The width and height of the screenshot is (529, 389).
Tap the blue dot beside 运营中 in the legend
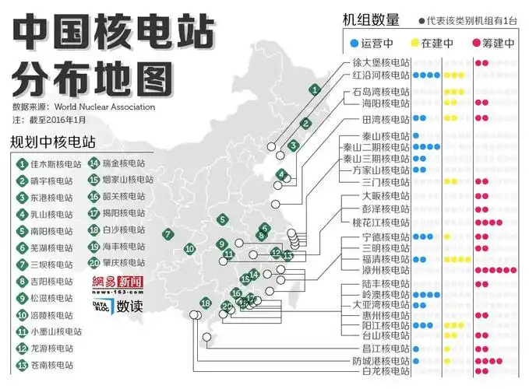point(354,44)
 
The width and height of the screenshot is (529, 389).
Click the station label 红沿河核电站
point(380,75)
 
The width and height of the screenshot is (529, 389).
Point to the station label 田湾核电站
point(380,119)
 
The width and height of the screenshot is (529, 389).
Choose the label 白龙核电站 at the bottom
point(380,371)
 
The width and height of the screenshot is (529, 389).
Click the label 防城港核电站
point(380,361)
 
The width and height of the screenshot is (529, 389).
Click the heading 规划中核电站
point(53,143)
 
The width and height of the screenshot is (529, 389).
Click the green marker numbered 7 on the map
point(168,234)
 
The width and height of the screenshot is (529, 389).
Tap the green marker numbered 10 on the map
point(189,249)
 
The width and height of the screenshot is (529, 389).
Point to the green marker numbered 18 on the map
point(206,303)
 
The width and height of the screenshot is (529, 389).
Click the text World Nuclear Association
point(104,107)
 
